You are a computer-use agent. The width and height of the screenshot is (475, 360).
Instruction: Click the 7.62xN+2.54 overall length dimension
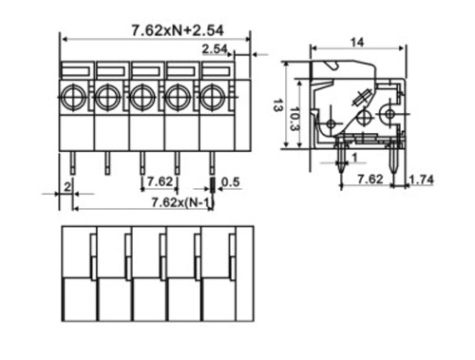(x=178, y=30)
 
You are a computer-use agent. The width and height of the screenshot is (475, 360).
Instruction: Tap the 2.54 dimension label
(x=215, y=49)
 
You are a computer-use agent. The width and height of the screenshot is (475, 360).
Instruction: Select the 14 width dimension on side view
(x=357, y=42)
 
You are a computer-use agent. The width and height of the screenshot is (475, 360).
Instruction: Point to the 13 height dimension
(x=277, y=105)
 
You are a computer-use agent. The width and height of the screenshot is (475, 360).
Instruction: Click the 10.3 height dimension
(x=294, y=119)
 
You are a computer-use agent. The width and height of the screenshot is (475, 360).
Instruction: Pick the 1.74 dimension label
(x=422, y=180)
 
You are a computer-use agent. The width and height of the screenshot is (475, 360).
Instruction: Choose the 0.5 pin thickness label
(x=231, y=182)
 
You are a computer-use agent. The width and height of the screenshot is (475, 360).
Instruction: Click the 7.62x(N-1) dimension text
(x=182, y=202)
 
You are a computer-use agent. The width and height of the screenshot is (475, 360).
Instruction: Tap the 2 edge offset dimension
(x=67, y=187)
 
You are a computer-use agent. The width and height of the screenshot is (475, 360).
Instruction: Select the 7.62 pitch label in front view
(x=161, y=181)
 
